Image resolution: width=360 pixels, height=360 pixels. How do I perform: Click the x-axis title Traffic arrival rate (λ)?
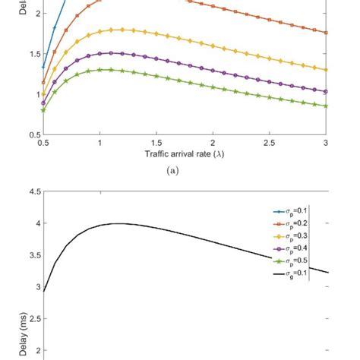(x=185, y=154)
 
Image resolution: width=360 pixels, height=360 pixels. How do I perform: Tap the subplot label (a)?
(x=185, y=172)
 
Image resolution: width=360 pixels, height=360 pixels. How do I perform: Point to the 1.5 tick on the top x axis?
(x=156, y=142)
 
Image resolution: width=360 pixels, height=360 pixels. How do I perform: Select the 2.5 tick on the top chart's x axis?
(x=269, y=142)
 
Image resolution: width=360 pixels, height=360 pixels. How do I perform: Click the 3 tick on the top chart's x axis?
(x=326, y=142)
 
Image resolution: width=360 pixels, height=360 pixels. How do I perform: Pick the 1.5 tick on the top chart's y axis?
(x=33, y=54)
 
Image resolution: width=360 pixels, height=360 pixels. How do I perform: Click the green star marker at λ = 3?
(x=326, y=106)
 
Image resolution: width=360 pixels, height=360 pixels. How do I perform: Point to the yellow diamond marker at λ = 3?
(x=326, y=70)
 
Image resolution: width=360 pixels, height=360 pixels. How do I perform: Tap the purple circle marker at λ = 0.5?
(x=43, y=103)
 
